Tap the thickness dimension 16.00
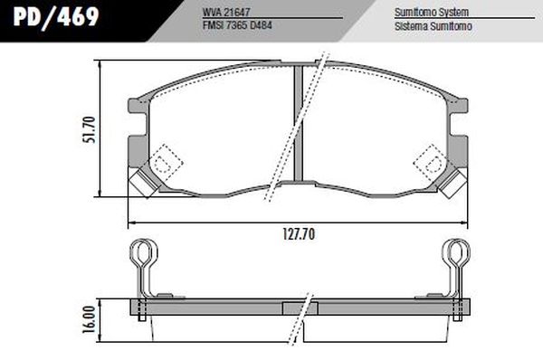pyautogui.click(x=89, y=319)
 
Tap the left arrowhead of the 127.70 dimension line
pyautogui.click(x=132, y=222)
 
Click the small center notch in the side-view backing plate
pyautogui.click(x=296, y=308)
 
